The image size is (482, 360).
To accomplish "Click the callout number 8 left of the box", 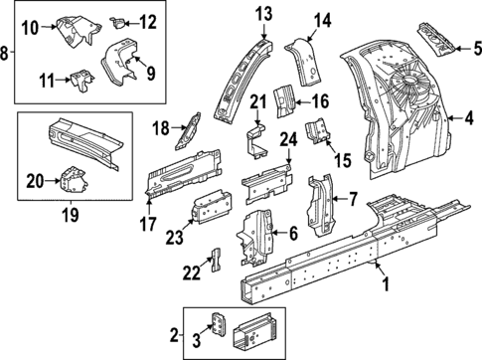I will coord(7,52).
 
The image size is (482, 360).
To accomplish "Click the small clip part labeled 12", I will coord(120,19).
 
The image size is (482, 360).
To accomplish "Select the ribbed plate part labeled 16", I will coord(284,99).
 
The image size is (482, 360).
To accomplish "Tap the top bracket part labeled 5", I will coord(436,39).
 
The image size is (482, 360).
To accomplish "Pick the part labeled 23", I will coord(212,211).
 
